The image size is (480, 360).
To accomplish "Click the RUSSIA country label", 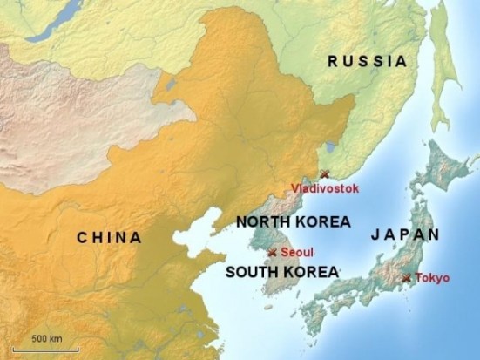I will click(367, 61).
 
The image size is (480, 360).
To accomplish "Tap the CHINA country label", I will click(109, 236).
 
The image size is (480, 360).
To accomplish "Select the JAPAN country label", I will click(405, 234).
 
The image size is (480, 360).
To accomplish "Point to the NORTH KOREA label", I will click(293, 221).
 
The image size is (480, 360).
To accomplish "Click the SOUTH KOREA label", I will click(281, 272).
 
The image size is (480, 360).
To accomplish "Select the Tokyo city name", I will click(432, 278).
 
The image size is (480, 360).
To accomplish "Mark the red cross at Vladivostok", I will click(325, 174).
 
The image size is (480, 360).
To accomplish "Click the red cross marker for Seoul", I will click(273, 252).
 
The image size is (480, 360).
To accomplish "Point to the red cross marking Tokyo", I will click(406, 278).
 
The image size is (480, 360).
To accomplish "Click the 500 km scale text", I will click(46, 337).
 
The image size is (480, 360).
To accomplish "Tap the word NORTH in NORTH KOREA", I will click(262, 221).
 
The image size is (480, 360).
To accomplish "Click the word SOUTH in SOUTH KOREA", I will click(251, 272).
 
